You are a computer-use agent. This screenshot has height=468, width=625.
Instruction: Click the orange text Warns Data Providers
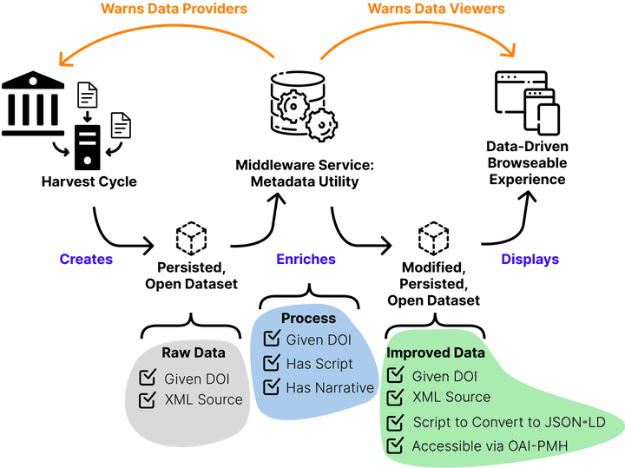(174, 9)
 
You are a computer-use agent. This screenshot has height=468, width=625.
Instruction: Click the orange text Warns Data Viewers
(436, 9)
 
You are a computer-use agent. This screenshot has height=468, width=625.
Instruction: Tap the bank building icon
(33, 103)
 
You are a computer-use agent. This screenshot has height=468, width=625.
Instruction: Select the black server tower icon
(88, 148)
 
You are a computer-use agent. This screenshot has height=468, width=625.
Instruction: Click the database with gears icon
(304, 106)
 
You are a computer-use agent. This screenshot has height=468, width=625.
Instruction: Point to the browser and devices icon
(527, 102)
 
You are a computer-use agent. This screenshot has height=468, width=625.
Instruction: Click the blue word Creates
(86, 259)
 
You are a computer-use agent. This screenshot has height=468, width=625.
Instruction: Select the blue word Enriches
(306, 259)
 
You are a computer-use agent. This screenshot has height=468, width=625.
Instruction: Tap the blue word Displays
(530, 259)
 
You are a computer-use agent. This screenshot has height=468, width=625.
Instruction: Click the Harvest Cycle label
(89, 181)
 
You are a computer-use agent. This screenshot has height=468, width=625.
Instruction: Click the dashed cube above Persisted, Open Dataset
(191, 239)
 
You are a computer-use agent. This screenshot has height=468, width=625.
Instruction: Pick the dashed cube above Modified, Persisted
(433, 239)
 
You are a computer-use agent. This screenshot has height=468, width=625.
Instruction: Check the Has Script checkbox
(272, 362)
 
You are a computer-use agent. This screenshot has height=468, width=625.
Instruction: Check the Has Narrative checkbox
(272, 386)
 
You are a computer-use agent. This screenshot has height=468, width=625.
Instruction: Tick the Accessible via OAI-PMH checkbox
(396, 445)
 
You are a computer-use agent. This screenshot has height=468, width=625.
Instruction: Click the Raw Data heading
(194, 353)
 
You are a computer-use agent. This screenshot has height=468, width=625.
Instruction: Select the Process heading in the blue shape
(308, 318)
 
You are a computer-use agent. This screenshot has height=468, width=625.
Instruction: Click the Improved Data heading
(436, 353)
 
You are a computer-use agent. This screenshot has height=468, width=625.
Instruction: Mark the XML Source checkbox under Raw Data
(148, 399)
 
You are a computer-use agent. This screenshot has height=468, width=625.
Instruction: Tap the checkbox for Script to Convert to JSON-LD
(396, 422)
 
